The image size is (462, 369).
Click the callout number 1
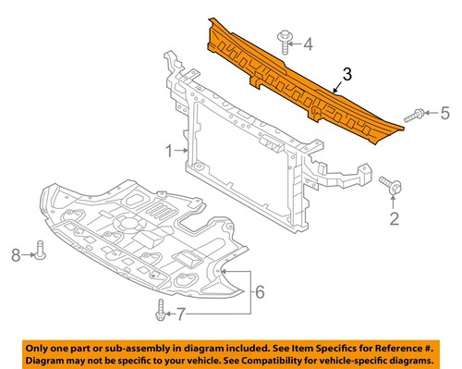[x=168, y=149]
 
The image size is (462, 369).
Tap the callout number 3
[x=346, y=73]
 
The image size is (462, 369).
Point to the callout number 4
[x=309, y=43]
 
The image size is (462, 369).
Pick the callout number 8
[x=15, y=252]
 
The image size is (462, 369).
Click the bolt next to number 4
[x=283, y=42]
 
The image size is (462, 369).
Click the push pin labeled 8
[x=40, y=249]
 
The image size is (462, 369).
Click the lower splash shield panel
[x=139, y=240]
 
